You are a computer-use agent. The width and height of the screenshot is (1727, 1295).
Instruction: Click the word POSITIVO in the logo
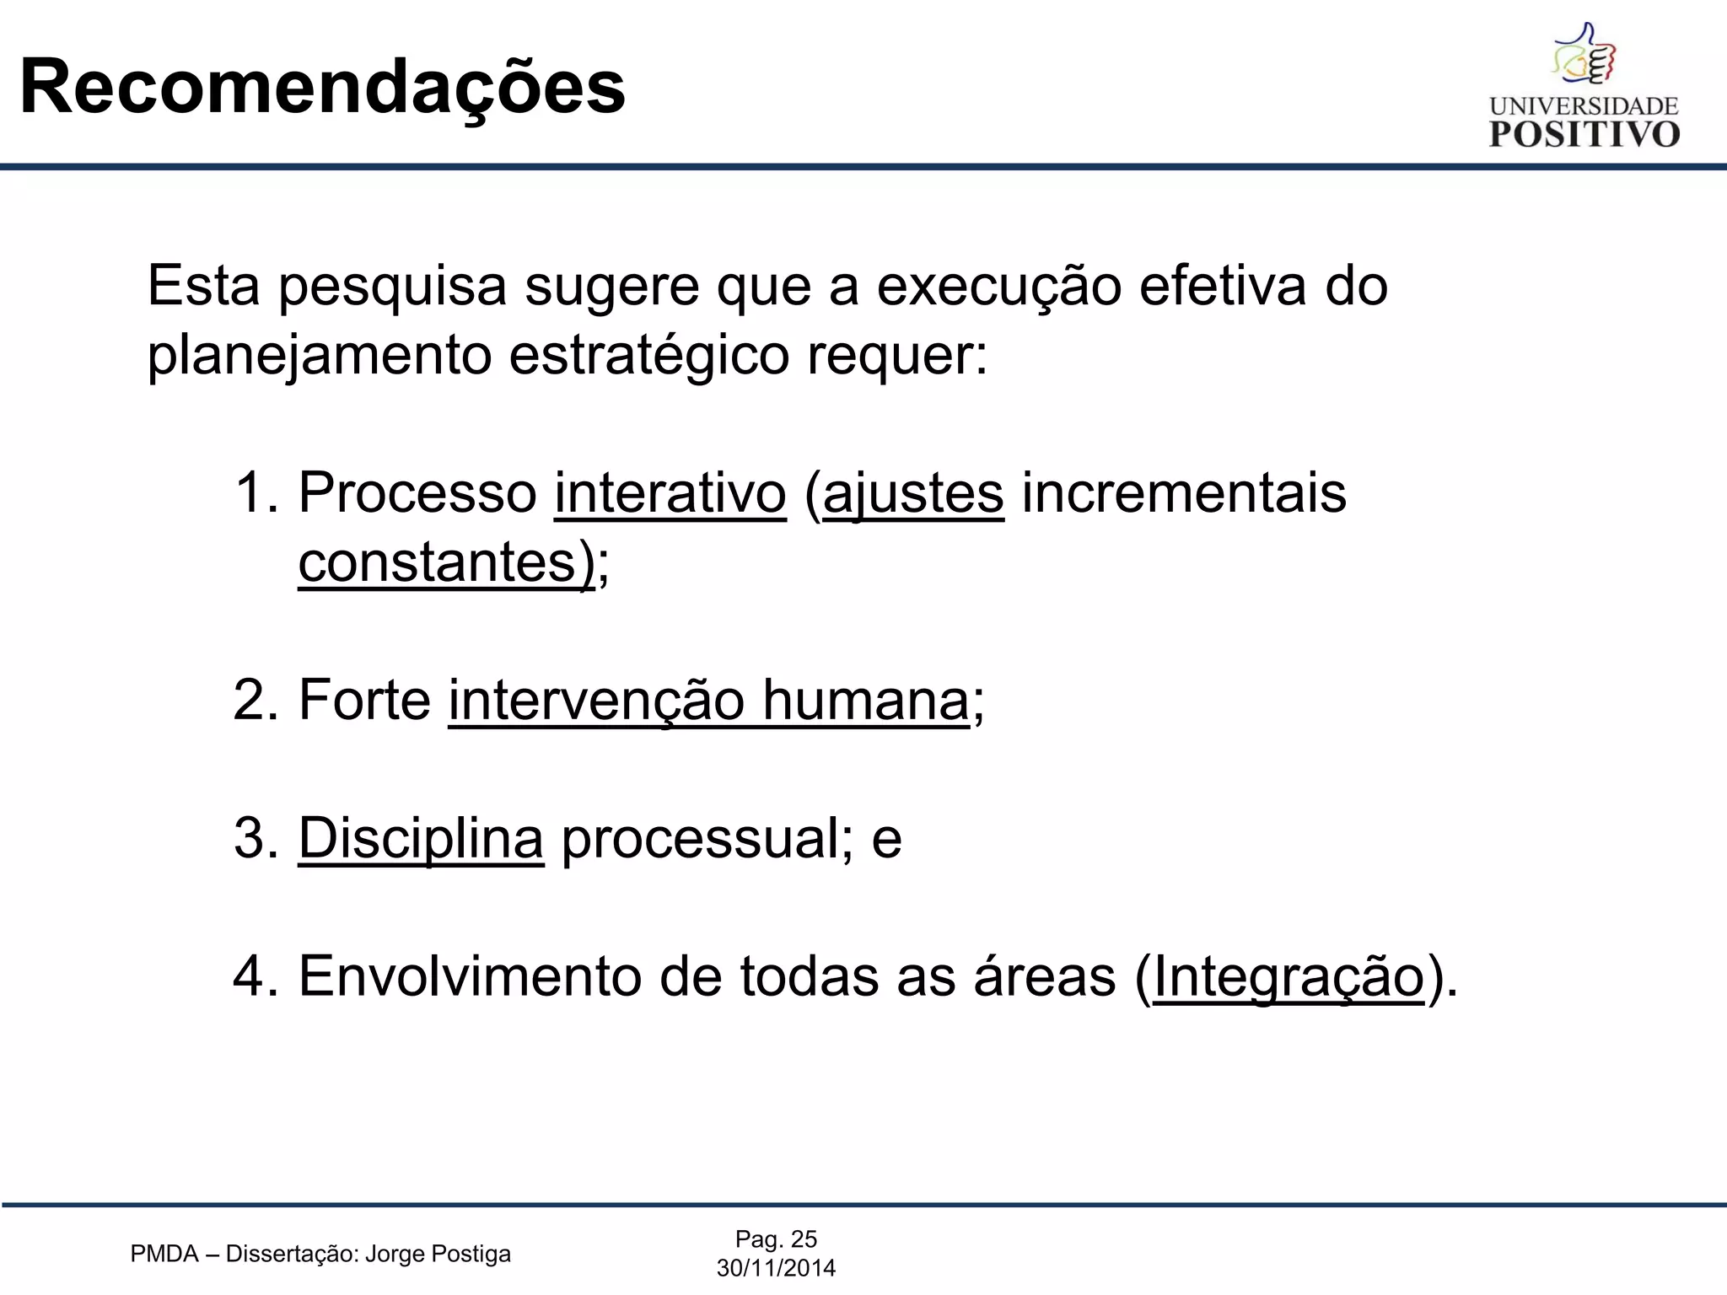click(x=1584, y=134)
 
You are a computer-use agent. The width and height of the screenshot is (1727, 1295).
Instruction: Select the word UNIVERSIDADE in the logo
click(x=1584, y=106)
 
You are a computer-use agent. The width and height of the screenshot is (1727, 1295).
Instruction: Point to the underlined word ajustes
click(x=913, y=494)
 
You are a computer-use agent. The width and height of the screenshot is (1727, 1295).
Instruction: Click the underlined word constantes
click(x=437, y=562)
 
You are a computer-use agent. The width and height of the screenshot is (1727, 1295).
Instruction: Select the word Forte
click(x=364, y=700)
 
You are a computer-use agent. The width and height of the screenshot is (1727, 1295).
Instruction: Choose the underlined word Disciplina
click(x=421, y=839)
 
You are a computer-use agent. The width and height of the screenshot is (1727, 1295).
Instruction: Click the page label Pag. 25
click(x=776, y=1239)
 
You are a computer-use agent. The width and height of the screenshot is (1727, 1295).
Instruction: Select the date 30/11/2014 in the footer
click(x=776, y=1268)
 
